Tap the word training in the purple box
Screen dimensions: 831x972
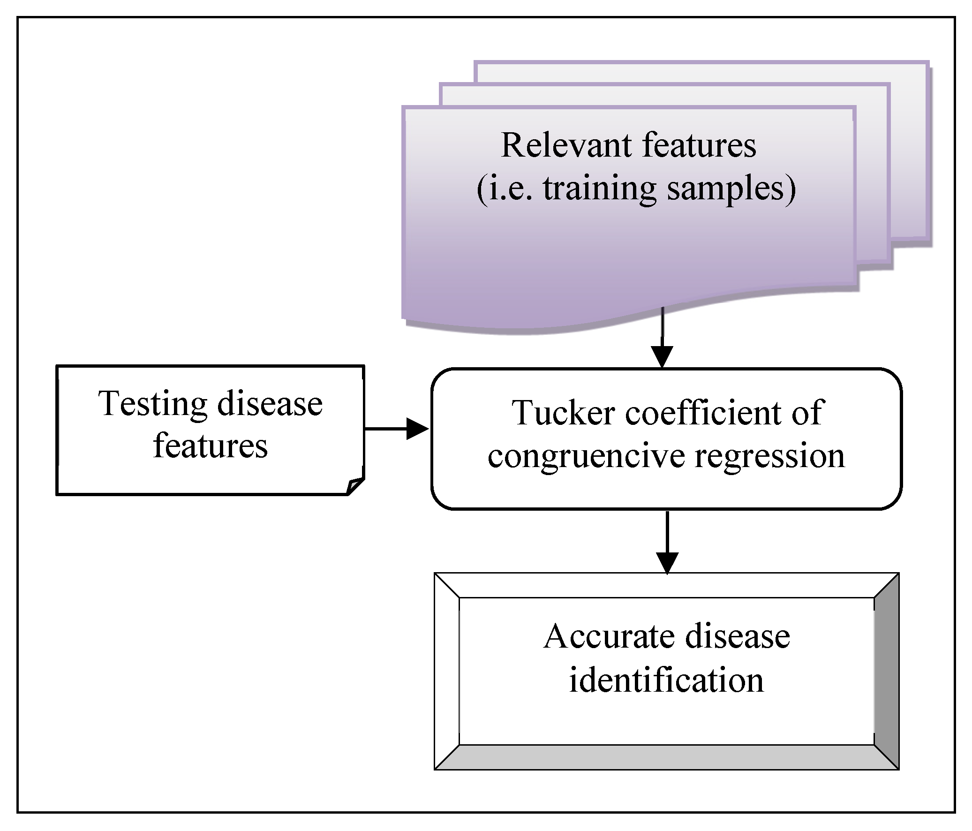pyautogui.click(x=599, y=189)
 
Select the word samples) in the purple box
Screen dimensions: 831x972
pyautogui.click(x=731, y=189)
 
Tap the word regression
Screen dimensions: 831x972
pyautogui.click(x=769, y=457)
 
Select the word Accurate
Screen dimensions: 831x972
pyautogui.click(x=610, y=637)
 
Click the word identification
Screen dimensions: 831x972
pyautogui.click(x=666, y=680)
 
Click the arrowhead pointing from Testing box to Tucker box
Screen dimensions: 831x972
pyautogui.click(x=417, y=429)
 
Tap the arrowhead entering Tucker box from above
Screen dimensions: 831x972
pyautogui.click(x=662, y=357)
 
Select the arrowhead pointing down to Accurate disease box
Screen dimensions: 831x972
pyautogui.click(x=667, y=563)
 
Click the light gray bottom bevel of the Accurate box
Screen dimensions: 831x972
pyautogui.click(x=666, y=757)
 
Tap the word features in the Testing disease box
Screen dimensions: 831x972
pyautogui.click(x=210, y=446)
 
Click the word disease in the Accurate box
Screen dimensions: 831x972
pyautogui.click(x=738, y=637)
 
